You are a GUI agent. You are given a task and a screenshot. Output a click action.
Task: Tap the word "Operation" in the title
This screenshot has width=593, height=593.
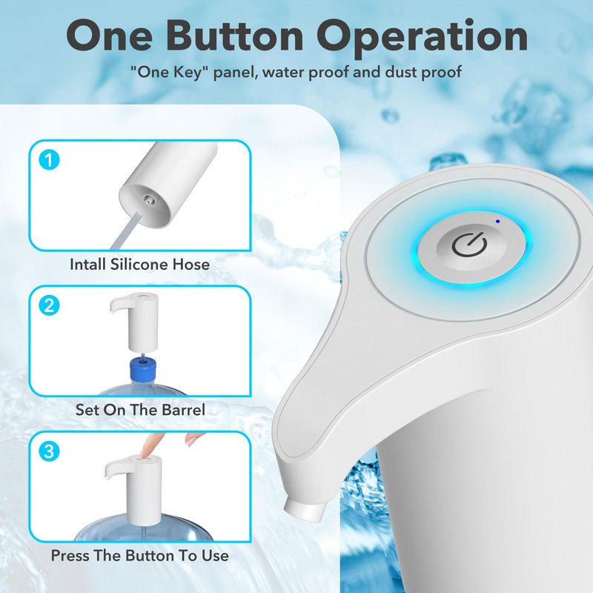pyautogui.click(x=423, y=37)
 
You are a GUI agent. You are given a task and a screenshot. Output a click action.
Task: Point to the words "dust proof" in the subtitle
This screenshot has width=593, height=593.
pyautogui.click(x=423, y=72)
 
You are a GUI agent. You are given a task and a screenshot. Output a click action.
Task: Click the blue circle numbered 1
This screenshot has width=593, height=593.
pyautogui.click(x=49, y=160)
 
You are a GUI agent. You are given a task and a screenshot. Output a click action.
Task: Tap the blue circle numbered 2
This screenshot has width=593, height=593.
pyautogui.click(x=49, y=305)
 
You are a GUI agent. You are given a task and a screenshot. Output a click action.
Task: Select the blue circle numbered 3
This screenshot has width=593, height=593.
pyautogui.click(x=49, y=451)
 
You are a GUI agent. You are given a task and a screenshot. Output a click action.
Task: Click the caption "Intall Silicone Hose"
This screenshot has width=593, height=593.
pyautogui.click(x=139, y=264)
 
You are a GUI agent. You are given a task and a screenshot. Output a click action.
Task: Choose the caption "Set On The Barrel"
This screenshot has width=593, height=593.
pyautogui.click(x=140, y=410)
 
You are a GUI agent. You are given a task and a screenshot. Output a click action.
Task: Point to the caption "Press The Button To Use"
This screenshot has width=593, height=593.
pyautogui.click(x=139, y=555)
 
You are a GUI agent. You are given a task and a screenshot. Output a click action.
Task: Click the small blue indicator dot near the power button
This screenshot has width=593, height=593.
pyautogui.click(x=497, y=221)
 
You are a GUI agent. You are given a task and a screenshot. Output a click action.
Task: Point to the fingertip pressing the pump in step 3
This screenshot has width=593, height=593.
pyautogui.click(x=145, y=454)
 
